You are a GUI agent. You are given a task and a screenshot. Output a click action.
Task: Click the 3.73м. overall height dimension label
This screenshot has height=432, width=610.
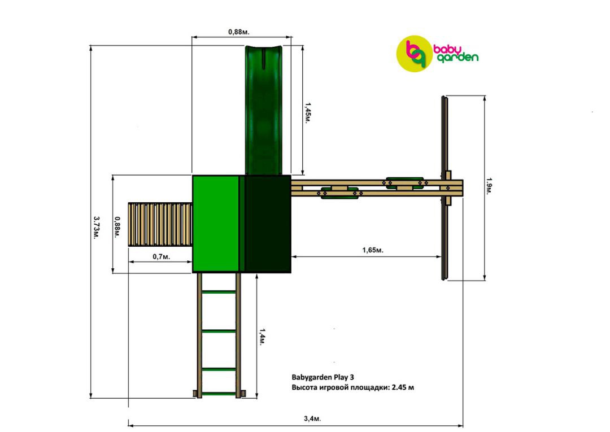tap(95, 228)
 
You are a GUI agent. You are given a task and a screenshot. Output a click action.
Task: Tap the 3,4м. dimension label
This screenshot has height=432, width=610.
tap(312, 419)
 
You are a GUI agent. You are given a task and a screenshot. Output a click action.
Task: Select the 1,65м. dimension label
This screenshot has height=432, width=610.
tap(373, 250)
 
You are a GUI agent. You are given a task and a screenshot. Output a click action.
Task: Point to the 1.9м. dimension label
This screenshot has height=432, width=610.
tap(489, 186)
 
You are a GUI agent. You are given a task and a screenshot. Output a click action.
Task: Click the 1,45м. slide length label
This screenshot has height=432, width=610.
tap(307, 113)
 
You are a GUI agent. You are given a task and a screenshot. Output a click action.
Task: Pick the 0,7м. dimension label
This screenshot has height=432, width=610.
tap(161, 256)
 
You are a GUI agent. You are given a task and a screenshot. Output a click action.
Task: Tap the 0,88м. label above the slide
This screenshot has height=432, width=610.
tap(238, 32)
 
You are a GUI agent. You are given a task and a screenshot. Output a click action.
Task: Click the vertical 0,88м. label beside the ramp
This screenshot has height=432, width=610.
tap(117, 228)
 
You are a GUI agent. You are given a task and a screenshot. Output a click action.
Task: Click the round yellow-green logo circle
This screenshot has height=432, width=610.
tap(414, 54)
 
